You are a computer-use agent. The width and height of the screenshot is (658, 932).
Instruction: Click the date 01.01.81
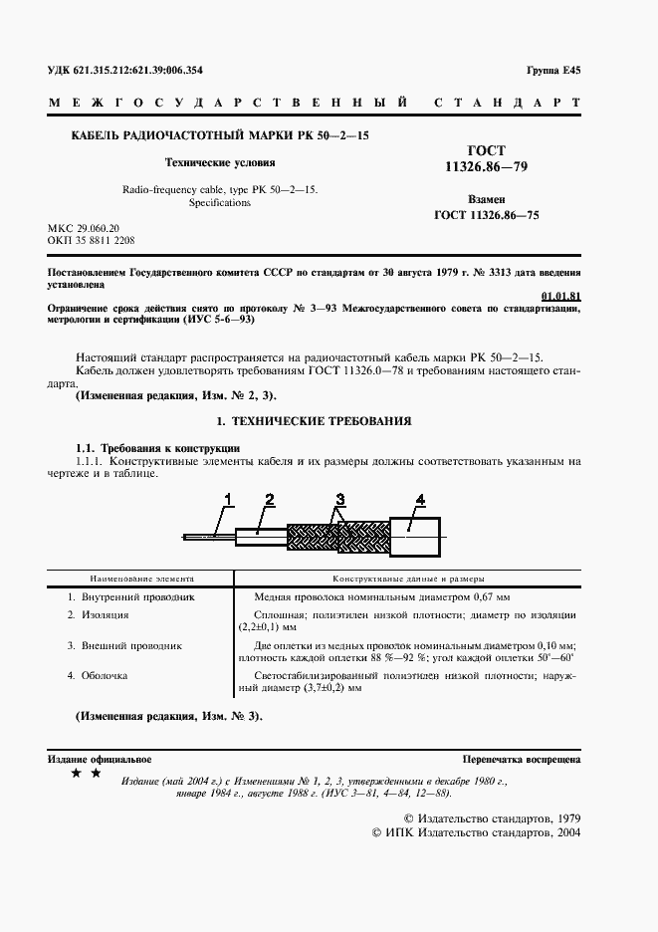point(560,296)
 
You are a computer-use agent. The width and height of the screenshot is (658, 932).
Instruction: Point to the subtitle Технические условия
point(219,161)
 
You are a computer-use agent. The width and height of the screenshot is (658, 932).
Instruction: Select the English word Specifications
point(219,202)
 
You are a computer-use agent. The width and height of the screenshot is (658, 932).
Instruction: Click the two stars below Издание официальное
point(86,773)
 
